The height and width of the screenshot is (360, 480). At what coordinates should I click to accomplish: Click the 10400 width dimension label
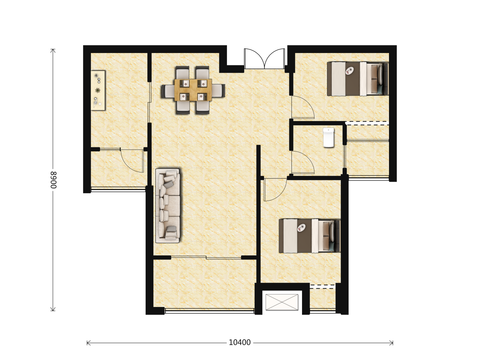tap(239, 342)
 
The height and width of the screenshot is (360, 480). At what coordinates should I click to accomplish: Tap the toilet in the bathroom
tap(328, 137)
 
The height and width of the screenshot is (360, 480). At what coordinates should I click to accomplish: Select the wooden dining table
tap(193, 90)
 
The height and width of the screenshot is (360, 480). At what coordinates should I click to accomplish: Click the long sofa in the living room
tap(168, 205)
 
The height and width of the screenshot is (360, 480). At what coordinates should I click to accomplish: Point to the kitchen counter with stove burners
tap(98, 90)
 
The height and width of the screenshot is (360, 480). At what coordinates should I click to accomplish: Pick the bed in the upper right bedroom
tap(358, 79)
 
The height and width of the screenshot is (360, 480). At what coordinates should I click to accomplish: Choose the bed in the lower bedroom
tap(309, 236)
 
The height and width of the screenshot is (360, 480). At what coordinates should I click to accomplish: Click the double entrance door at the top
tap(264, 59)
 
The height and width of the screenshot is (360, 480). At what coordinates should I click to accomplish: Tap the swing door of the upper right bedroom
tap(303, 107)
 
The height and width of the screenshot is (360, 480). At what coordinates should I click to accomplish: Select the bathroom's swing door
tap(303, 162)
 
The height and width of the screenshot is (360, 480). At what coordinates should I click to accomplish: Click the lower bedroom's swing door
tap(275, 190)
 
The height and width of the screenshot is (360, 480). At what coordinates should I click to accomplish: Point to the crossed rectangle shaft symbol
tap(282, 302)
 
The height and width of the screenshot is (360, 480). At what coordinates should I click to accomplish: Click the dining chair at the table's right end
tap(218, 90)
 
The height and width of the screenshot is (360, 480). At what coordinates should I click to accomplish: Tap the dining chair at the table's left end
tap(168, 91)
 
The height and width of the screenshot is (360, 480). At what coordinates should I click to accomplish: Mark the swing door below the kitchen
tap(132, 161)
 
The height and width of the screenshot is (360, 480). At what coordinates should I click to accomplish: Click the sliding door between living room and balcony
tap(206, 257)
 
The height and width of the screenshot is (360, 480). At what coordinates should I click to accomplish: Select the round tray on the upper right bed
tap(350, 70)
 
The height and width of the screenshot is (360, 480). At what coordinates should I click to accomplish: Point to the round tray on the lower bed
tap(302, 228)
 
